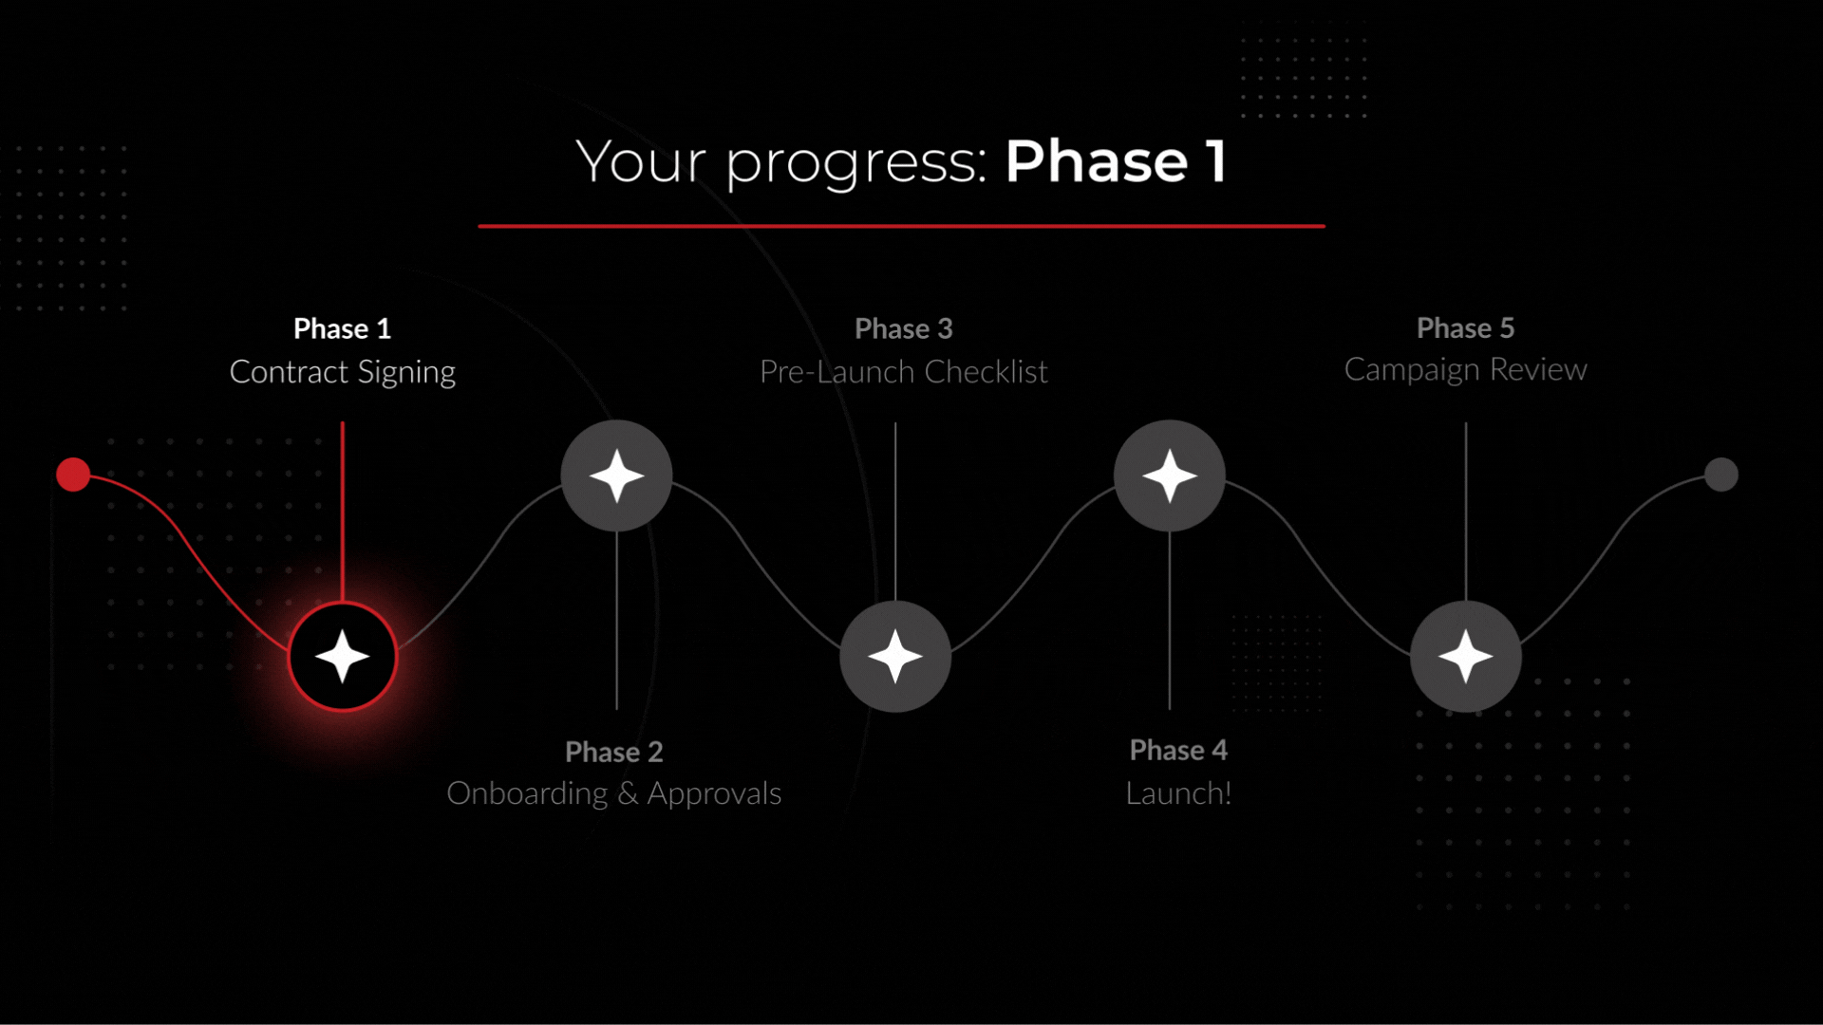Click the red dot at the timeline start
pyautogui.click(x=73, y=475)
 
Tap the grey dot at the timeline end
pyautogui.click(x=1720, y=475)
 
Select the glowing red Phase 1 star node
pyautogui.click(x=343, y=657)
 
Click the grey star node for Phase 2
pyautogui.click(x=617, y=475)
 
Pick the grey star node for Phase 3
pyautogui.click(x=895, y=657)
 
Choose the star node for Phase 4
pyautogui.click(x=1170, y=475)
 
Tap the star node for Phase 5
pyautogui.click(x=1466, y=657)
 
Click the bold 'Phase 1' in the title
pyautogui.click(x=1116, y=161)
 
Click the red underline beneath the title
pyautogui.click(x=901, y=226)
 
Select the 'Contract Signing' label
pyautogui.click(x=343, y=372)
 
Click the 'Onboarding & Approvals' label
pyautogui.click(x=614, y=793)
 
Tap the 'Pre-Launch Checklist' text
pyautogui.click(x=903, y=372)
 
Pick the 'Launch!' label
pyautogui.click(x=1178, y=793)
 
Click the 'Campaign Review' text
pyautogui.click(x=1465, y=369)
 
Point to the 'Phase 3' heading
pyautogui.click(x=903, y=328)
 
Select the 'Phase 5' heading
pyautogui.click(x=1465, y=327)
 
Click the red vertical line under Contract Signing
pyautogui.click(x=343, y=512)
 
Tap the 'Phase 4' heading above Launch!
pyautogui.click(x=1178, y=751)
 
